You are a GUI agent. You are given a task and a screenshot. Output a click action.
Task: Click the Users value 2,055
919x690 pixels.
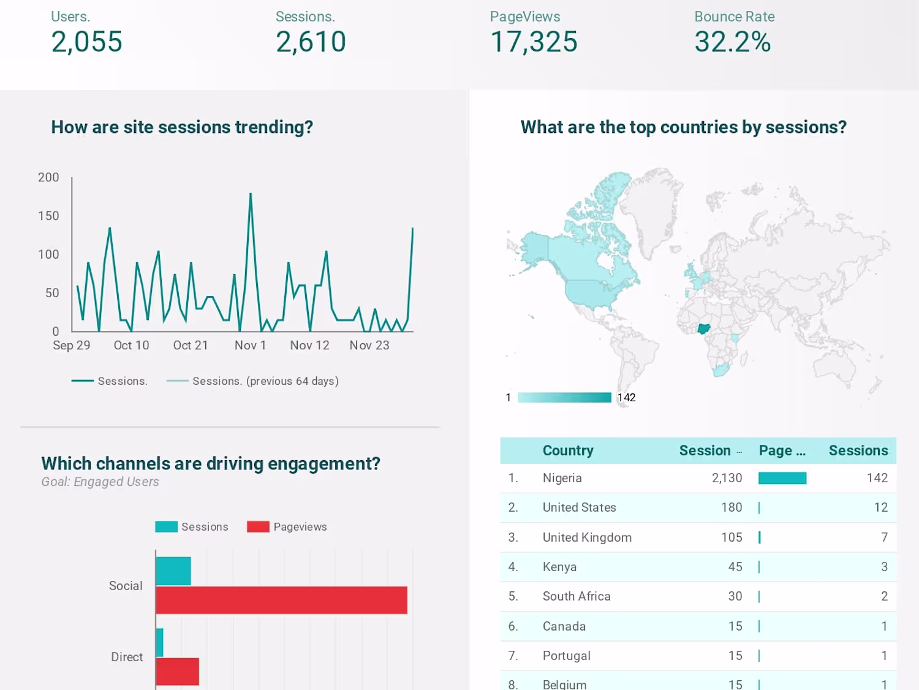pos(86,42)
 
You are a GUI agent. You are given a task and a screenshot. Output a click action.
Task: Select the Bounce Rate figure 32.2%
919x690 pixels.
pos(732,42)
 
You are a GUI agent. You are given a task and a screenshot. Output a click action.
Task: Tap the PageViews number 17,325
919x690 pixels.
pos(534,42)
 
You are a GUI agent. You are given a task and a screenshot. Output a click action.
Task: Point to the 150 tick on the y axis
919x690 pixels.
pos(48,216)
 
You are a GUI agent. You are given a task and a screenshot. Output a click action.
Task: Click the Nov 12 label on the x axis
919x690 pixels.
pos(309,346)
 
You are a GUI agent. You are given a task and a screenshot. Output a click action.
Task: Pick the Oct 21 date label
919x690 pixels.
pos(191,346)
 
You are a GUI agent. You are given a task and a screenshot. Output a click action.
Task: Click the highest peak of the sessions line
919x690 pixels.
pos(251,194)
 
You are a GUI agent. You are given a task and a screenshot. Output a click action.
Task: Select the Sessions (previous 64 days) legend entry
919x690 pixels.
pos(265,381)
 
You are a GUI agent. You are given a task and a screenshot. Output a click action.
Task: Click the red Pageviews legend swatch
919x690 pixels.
pos(258,527)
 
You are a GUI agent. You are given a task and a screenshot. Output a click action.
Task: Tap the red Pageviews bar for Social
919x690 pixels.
pos(281,600)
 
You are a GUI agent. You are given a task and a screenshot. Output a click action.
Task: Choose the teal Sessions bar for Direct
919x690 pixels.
pos(159,642)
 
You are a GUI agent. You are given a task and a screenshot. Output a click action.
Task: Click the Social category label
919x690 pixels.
pos(126,586)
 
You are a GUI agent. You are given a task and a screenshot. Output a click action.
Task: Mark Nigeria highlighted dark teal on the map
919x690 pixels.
pos(703,328)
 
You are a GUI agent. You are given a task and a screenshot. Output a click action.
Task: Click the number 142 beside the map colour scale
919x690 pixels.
pos(626,398)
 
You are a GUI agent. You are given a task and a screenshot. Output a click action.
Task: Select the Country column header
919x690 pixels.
pos(568,450)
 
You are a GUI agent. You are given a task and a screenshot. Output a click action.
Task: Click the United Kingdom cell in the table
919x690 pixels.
pos(587,537)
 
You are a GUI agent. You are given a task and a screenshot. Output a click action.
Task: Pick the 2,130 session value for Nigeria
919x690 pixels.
pos(727,478)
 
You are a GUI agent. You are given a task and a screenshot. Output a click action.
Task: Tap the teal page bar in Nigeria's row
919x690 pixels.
pos(782,478)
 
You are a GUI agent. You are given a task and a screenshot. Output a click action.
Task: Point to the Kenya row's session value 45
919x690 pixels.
pos(735,567)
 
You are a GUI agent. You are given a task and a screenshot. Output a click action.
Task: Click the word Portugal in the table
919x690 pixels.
pos(567,656)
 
